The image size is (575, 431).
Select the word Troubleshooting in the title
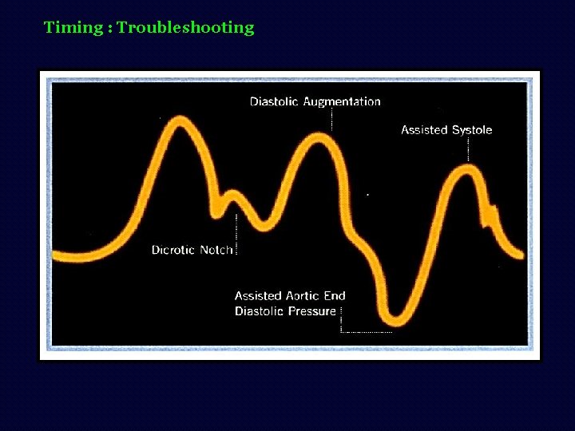(185, 28)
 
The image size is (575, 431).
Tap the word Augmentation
(342, 101)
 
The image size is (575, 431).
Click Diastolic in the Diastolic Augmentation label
(275, 101)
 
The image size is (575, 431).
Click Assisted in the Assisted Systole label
(423, 129)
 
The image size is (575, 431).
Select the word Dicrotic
(173, 250)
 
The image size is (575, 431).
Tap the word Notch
(216, 250)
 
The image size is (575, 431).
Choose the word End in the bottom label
(335, 295)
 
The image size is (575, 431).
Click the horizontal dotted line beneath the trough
(367, 331)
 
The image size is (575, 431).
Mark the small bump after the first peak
(232, 195)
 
